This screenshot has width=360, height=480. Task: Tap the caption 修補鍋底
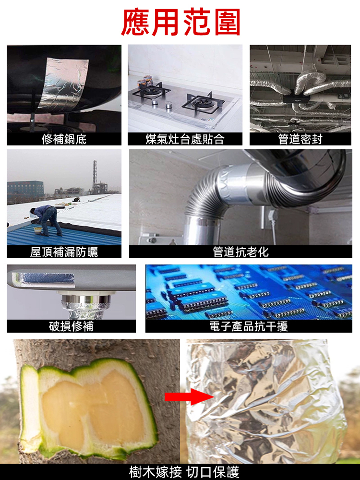(x=64, y=139)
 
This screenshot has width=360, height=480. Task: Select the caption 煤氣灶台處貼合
(x=185, y=139)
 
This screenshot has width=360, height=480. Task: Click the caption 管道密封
(x=300, y=139)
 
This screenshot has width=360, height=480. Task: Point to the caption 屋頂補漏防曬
(x=64, y=252)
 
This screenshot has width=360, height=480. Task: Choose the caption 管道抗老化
(x=240, y=252)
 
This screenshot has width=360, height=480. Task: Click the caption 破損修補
(x=71, y=326)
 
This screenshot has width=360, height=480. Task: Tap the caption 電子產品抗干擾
(x=248, y=326)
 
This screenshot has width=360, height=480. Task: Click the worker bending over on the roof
(x=47, y=218)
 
